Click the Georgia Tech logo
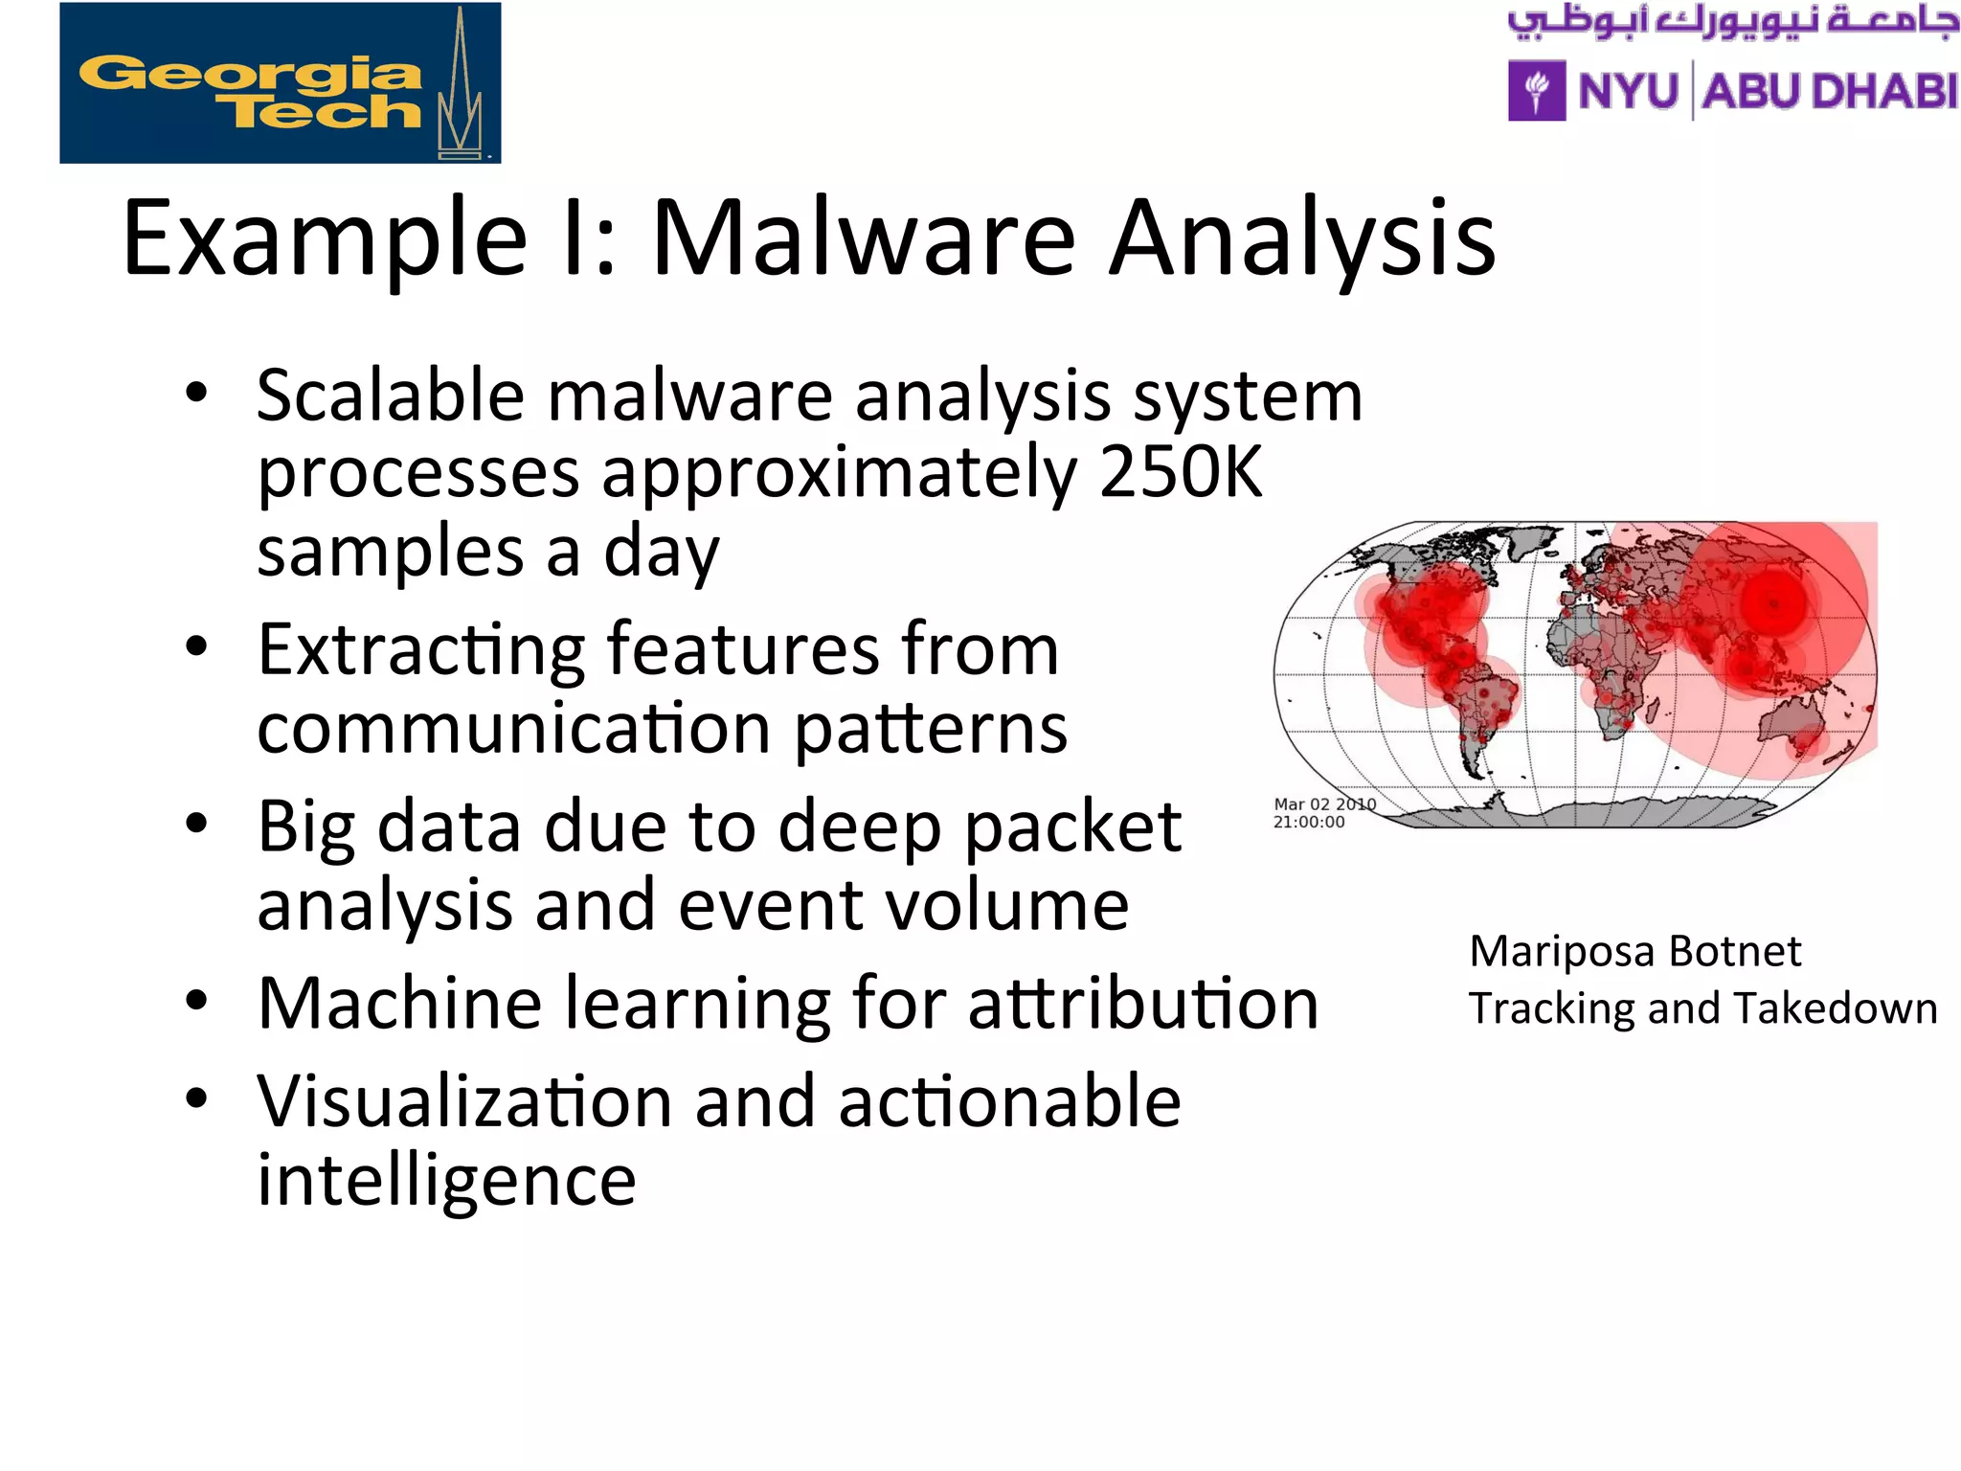point(280,83)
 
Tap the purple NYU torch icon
point(1537,91)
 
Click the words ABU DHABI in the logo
point(1829,92)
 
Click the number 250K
point(1180,471)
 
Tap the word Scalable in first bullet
point(391,396)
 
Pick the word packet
point(1072,827)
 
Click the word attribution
point(1142,1004)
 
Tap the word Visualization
point(464,1101)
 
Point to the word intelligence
point(446,1181)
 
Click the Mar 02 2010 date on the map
point(1324,804)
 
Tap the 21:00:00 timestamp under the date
point(1308,822)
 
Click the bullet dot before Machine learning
point(196,1001)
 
